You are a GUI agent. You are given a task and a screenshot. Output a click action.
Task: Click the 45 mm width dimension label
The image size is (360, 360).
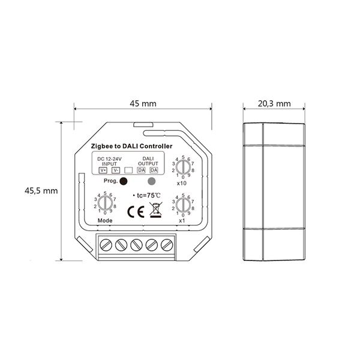coord(143,104)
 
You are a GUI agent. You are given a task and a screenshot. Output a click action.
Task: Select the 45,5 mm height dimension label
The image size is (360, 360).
coord(41,191)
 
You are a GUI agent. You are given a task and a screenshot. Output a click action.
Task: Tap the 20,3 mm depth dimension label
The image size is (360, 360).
coord(274,104)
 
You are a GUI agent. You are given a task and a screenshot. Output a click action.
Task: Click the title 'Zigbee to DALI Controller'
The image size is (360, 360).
coord(131,146)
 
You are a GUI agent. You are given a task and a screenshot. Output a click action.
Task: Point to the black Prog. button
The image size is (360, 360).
coord(124,181)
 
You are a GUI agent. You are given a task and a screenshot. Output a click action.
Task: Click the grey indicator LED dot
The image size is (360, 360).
coord(152,181)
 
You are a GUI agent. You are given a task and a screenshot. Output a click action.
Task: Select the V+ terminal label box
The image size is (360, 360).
coord(103,170)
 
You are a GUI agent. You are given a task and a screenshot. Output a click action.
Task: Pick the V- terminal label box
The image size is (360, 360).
coord(116,170)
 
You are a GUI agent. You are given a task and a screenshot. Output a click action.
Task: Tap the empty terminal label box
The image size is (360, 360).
coord(128,170)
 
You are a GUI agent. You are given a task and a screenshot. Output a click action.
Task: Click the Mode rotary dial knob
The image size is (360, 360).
coord(105,203)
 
